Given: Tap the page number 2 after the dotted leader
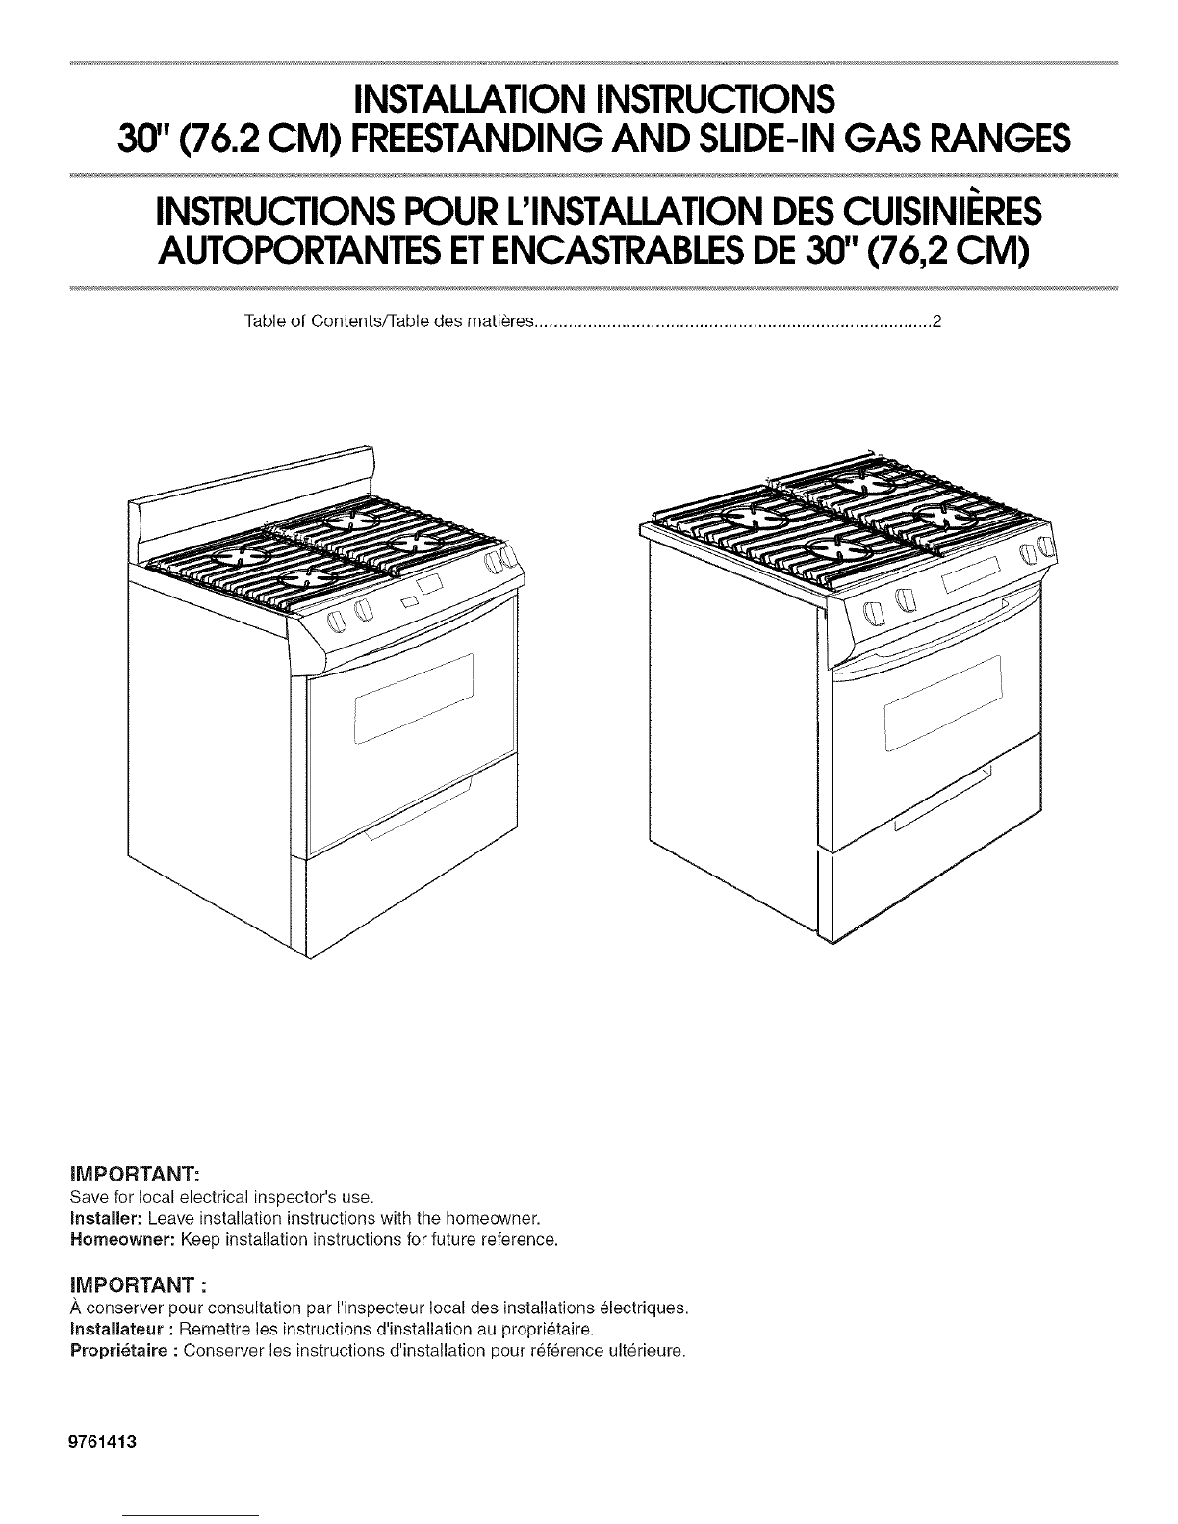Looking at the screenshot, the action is [x=935, y=322].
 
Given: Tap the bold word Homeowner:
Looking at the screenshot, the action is [x=122, y=1239].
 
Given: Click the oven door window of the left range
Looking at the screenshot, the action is [x=413, y=698].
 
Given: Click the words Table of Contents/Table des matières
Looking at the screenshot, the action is [x=390, y=322].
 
